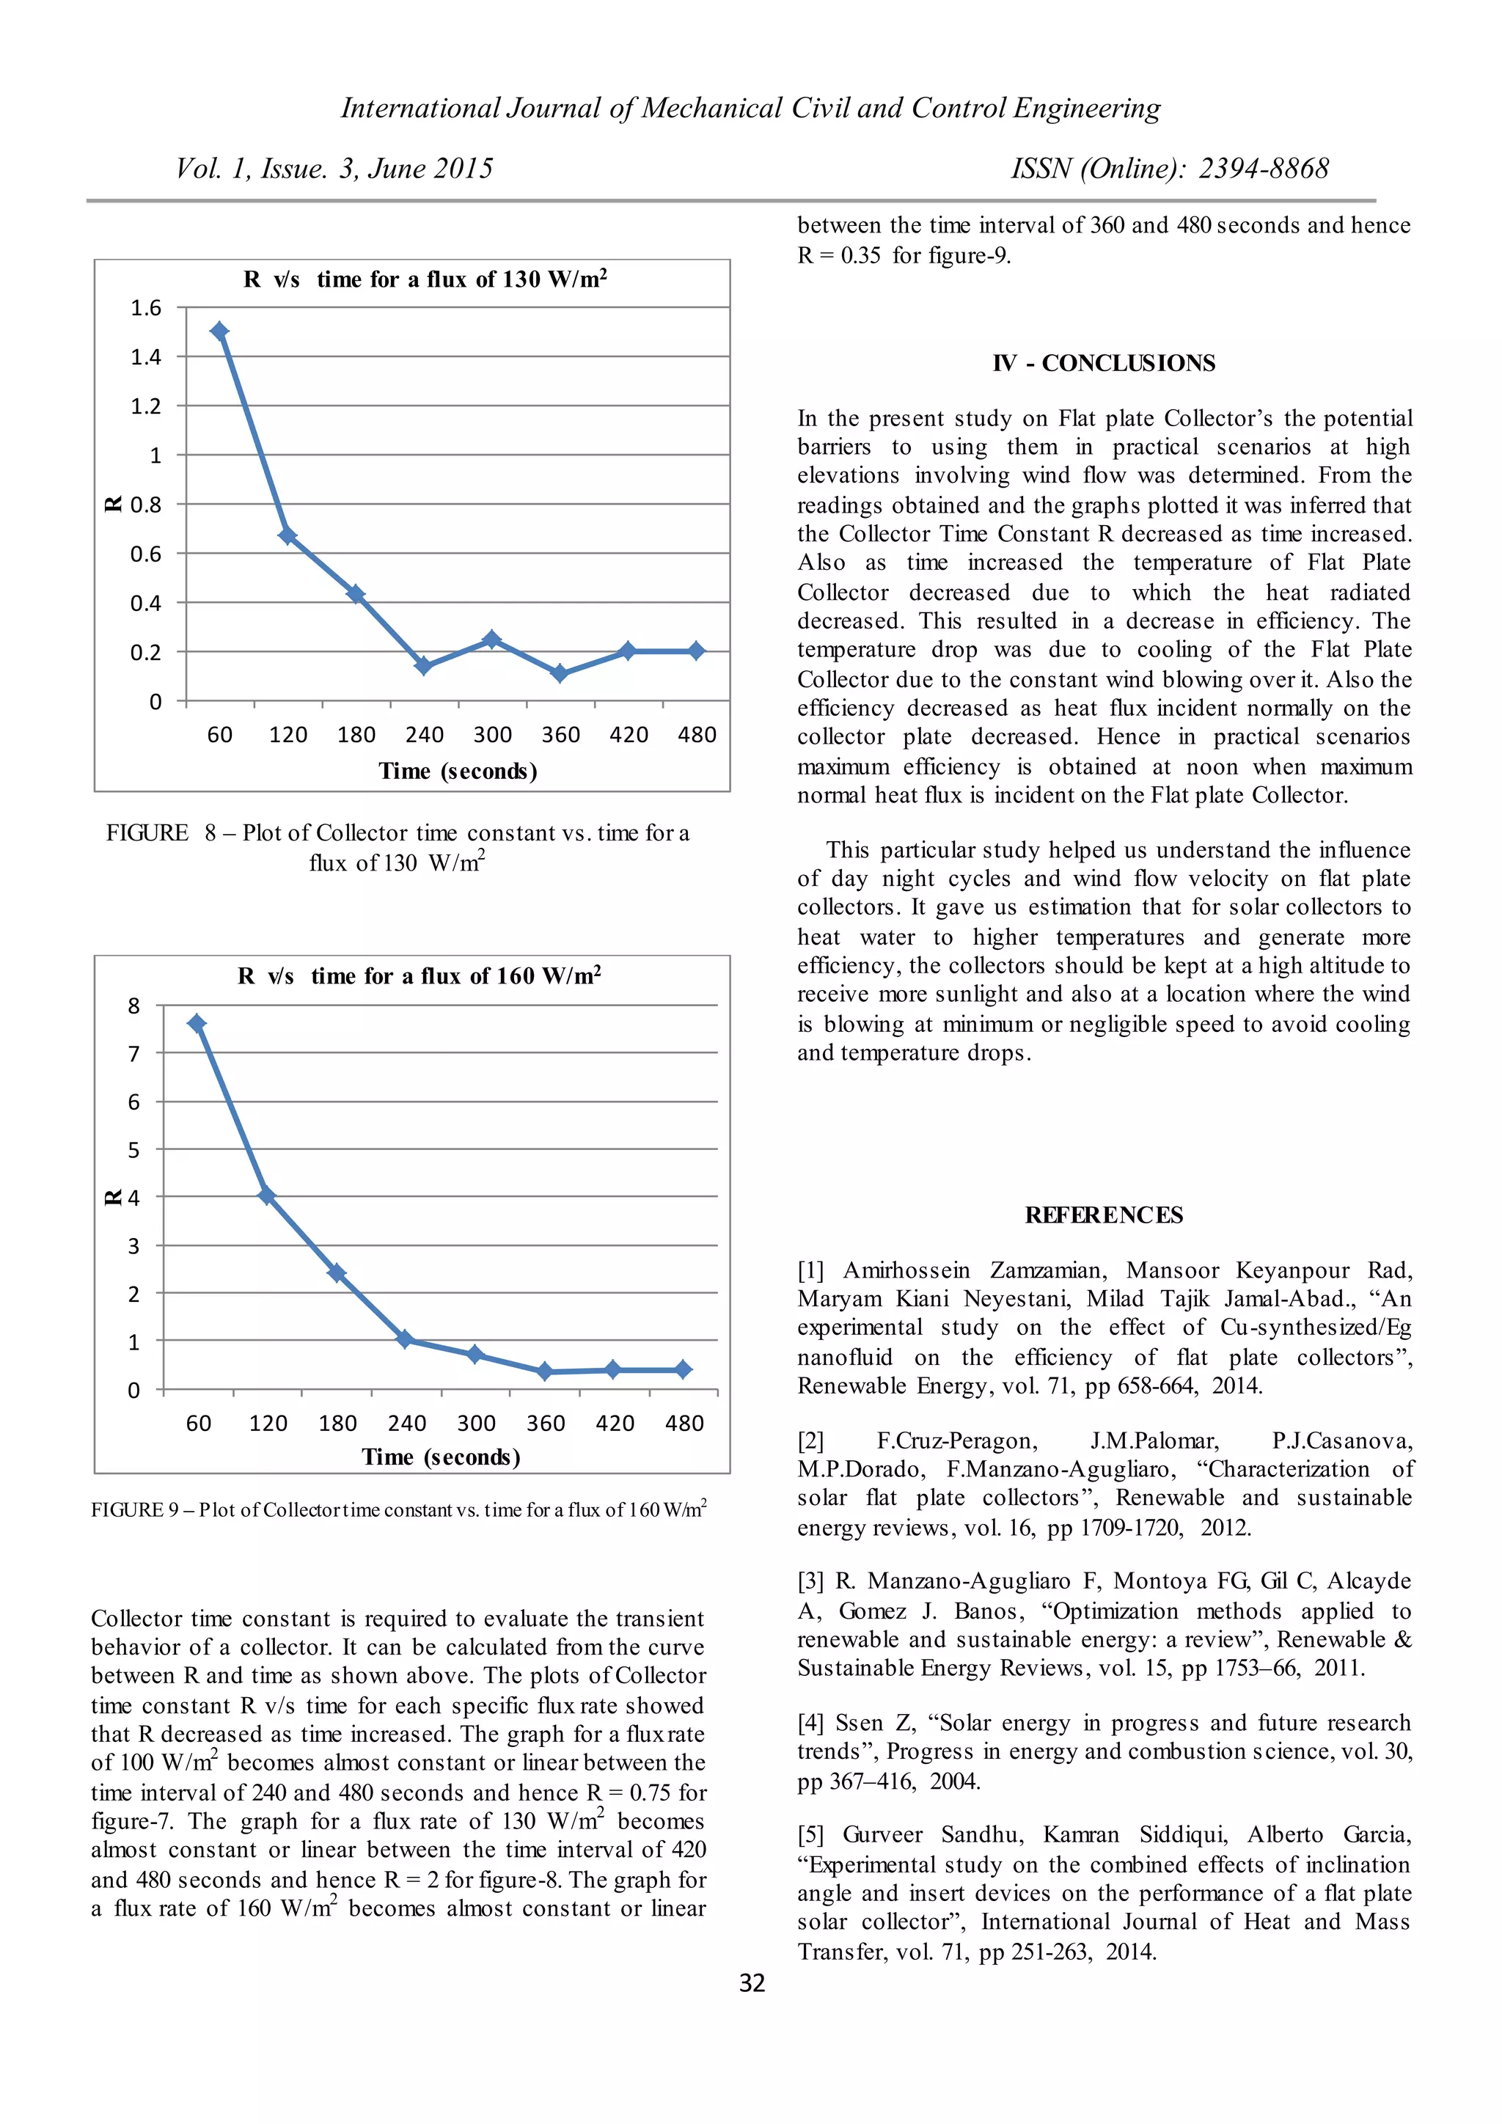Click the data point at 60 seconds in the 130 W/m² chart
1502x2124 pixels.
point(219,332)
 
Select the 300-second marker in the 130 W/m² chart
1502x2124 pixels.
point(492,640)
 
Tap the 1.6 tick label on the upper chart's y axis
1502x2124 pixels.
point(145,308)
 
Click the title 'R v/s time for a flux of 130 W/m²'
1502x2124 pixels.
point(425,279)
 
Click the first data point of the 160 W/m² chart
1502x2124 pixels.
point(196,1023)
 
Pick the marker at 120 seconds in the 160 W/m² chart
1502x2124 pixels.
point(266,1195)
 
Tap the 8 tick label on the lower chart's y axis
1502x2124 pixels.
point(134,1006)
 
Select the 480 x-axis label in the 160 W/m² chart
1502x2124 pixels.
point(684,1423)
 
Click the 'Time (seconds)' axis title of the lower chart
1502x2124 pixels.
point(442,1457)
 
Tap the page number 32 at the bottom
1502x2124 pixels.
point(752,1982)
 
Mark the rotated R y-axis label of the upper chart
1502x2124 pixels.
point(113,504)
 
